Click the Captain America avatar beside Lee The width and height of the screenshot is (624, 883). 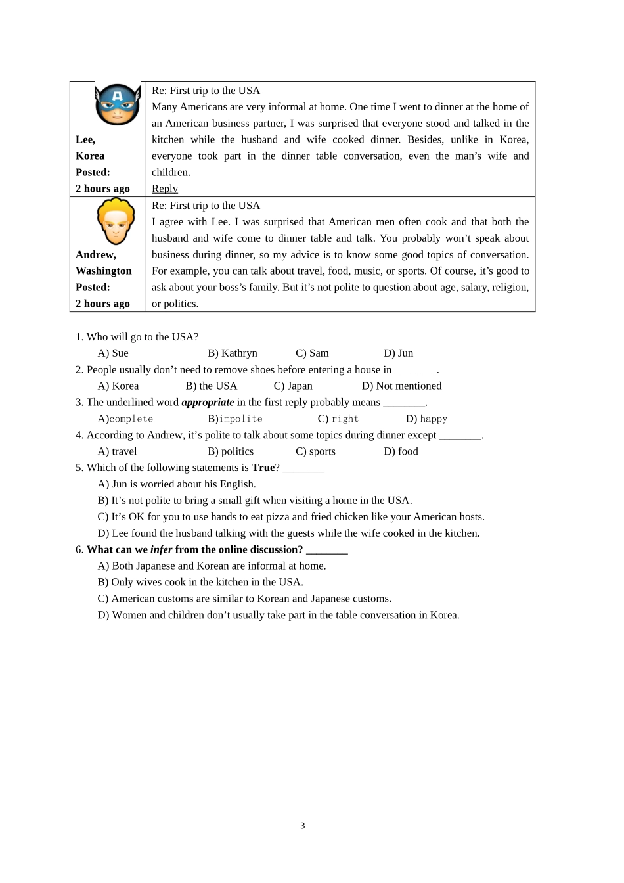(x=118, y=104)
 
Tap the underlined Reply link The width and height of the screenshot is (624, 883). (x=165, y=189)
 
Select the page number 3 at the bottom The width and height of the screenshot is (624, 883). (x=303, y=826)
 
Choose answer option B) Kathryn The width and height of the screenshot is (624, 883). (x=233, y=353)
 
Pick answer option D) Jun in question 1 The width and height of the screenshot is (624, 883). (x=399, y=353)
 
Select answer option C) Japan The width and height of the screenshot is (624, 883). (x=293, y=386)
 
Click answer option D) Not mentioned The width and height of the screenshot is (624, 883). (x=401, y=386)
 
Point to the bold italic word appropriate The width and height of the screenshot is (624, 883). (x=208, y=403)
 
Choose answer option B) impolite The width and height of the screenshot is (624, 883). (x=235, y=419)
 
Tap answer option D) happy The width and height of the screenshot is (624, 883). (x=426, y=419)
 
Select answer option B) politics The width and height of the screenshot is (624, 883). (x=231, y=452)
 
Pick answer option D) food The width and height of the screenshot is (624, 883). (x=401, y=452)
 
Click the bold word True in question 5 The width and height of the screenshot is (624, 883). (x=263, y=468)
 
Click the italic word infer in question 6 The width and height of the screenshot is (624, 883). (x=161, y=550)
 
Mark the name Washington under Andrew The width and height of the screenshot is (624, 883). (x=104, y=271)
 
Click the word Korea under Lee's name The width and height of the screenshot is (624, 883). (x=90, y=156)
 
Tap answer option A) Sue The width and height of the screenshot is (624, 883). (x=113, y=353)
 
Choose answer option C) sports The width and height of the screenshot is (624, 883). (x=315, y=452)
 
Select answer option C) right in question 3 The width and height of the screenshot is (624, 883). (x=338, y=419)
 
